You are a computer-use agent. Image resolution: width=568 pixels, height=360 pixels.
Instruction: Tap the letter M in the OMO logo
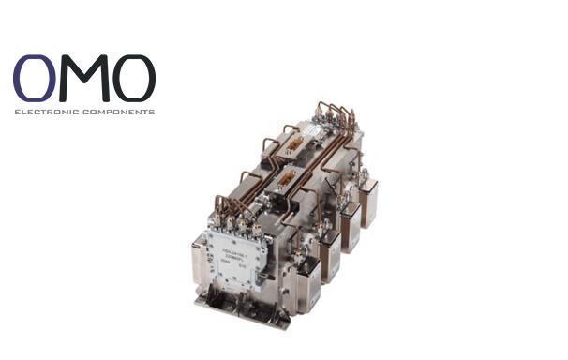click(85, 79)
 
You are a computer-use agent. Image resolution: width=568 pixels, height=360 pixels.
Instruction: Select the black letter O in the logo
click(132, 79)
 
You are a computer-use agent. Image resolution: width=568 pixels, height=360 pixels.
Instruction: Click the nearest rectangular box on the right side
click(309, 282)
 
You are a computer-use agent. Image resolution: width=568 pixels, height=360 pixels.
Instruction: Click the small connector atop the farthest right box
click(366, 174)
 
